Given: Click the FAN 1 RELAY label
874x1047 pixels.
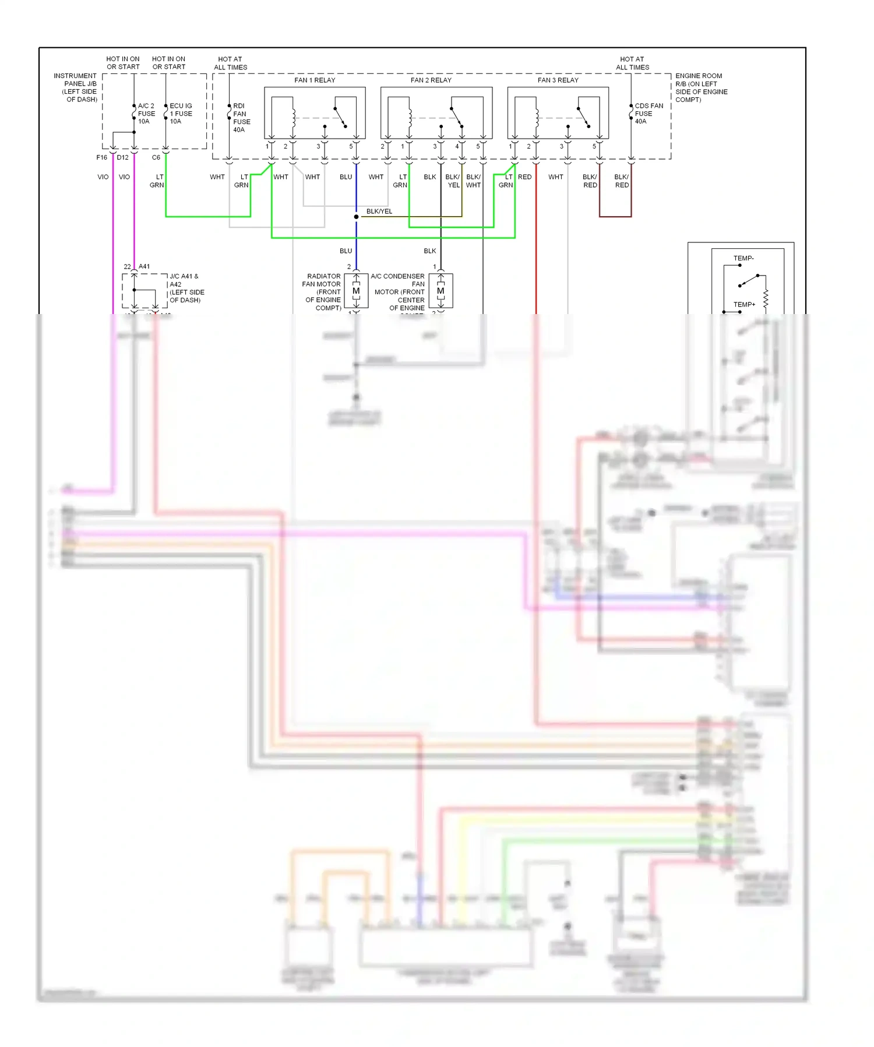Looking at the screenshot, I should pos(315,80).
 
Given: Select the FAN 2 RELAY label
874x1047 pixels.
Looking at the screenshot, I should pos(431,80).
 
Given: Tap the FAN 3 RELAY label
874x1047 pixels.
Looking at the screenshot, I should pos(558,80).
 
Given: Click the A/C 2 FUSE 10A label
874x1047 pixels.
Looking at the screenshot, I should pos(146,114).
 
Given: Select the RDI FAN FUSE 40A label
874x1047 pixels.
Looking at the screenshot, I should pos(241,118).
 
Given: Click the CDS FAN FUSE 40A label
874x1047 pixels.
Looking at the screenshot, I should pos(649,114).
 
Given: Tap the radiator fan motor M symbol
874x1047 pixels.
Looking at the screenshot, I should pos(356,291).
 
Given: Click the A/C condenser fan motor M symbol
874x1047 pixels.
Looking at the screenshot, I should pos(440,291).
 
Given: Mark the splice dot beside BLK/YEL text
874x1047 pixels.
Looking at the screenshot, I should pos(356,217).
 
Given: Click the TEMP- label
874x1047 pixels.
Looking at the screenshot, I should pos(743,258).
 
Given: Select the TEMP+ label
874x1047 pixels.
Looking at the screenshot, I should pos(744,304).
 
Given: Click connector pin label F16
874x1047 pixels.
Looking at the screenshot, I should pos(102,157).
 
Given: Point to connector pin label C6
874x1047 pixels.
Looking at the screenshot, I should pos(156,157).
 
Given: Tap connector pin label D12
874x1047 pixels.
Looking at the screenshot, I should pos(122,157).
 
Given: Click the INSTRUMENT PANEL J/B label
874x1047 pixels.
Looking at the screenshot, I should pos(76,87).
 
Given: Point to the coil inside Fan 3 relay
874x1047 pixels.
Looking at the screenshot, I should pos(536,118).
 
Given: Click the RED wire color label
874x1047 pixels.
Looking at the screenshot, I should pos(524,177).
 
